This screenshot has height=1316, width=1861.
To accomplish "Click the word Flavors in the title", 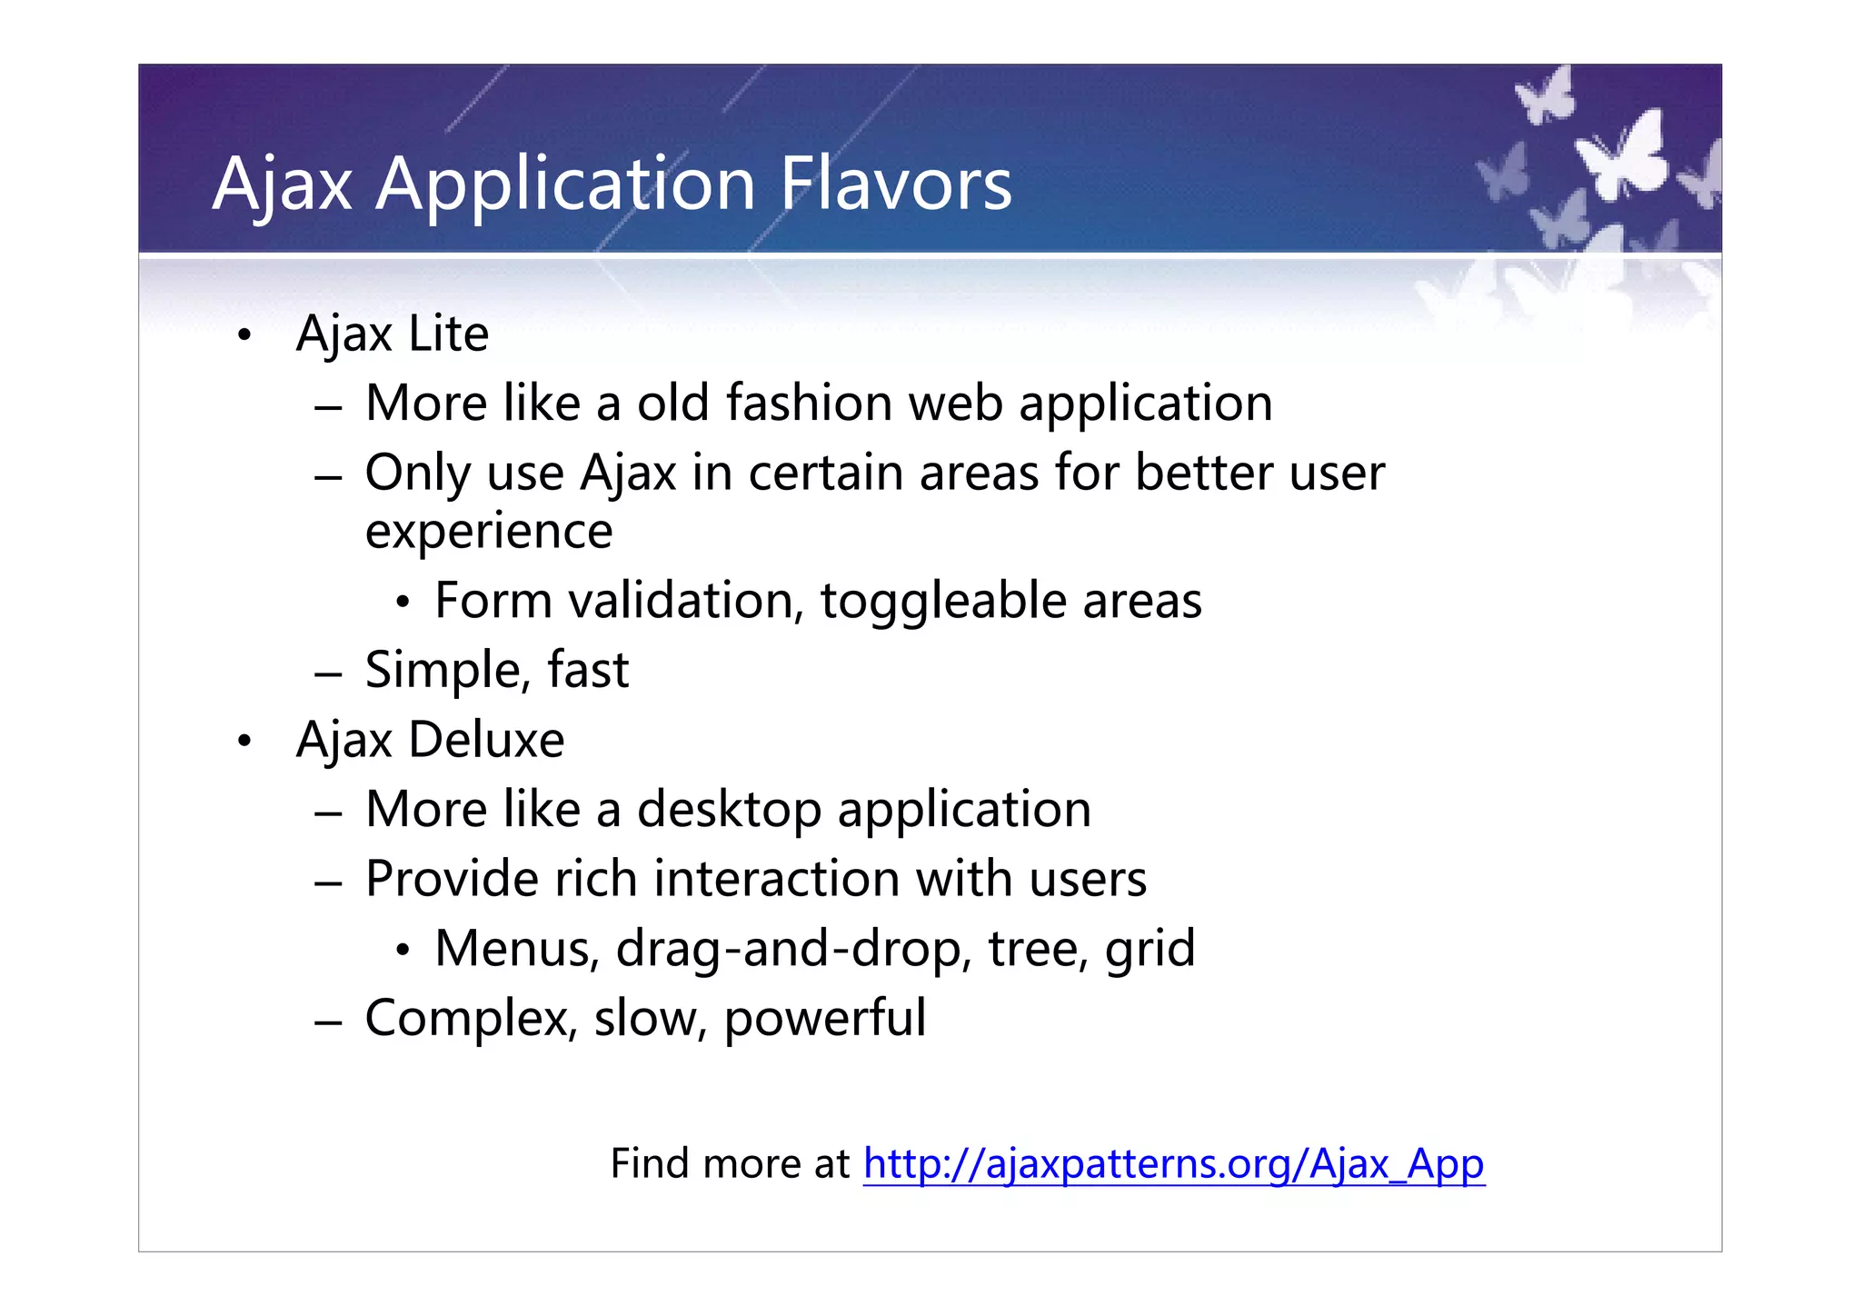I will click(x=895, y=184).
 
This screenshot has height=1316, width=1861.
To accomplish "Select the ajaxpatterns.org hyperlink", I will click(x=1173, y=1163).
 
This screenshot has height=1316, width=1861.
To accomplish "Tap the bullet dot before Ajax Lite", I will click(x=244, y=336).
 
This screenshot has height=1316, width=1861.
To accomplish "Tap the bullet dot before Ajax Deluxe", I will click(x=244, y=742).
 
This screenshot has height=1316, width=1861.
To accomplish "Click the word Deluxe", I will click(x=486, y=740).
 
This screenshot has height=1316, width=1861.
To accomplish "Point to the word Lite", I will click(x=448, y=334).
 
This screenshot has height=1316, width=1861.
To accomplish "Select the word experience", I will click(x=489, y=532).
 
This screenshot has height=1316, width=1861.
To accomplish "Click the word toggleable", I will click(x=942, y=602).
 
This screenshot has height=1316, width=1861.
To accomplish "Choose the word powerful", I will click(x=824, y=1019).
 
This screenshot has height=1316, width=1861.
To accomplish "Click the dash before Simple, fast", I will click(x=328, y=674).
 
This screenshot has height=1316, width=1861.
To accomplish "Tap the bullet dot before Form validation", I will click(x=403, y=602).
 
